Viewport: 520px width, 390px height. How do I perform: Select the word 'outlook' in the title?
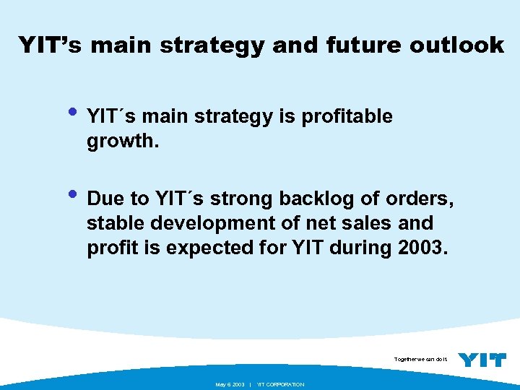(458, 45)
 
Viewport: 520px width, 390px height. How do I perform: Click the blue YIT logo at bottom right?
(482, 360)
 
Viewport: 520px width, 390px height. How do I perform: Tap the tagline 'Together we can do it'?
(421, 359)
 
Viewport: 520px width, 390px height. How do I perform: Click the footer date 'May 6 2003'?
(230, 384)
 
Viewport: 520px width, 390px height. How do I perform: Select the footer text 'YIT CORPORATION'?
(280, 384)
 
